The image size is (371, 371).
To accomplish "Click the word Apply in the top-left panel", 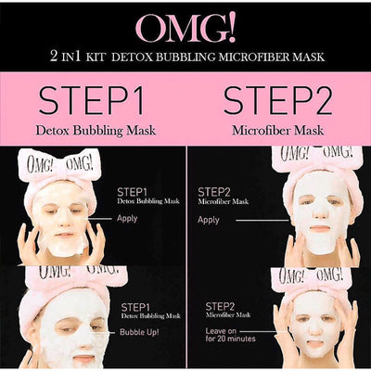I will pos(127,219).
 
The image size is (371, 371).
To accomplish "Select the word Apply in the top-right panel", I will pos(209,220).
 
